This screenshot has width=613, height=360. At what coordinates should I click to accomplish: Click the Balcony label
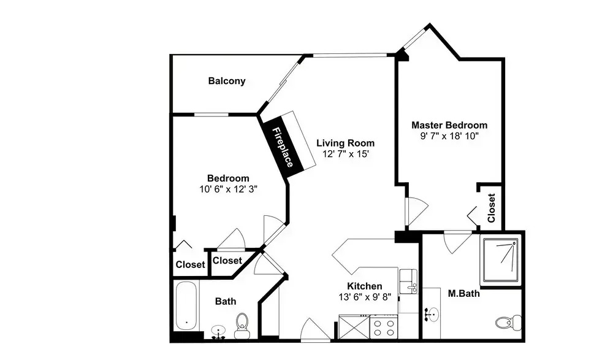tap(227, 81)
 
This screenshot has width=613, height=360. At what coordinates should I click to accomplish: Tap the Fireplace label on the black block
tap(283, 147)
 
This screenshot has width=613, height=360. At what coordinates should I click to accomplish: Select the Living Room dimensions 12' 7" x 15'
tap(346, 154)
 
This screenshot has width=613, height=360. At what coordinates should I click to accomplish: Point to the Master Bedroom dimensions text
tap(449, 136)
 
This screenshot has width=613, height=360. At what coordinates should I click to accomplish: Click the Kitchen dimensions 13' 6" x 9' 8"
tap(365, 297)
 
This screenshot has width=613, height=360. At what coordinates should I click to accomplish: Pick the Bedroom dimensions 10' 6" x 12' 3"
tap(228, 190)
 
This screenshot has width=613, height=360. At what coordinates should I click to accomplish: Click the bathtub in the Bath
tap(186, 306)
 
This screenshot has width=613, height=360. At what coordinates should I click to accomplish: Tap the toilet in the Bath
tap(242, 325)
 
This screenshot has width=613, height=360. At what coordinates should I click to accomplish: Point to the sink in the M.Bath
tap(432, 314)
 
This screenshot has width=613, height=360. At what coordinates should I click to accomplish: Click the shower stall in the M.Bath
tap(501, 259)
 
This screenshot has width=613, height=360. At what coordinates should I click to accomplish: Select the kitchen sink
tap(408, 281)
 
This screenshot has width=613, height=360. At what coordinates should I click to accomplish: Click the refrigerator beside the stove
tap(354, 327)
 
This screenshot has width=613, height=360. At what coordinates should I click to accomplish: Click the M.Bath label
tap(463, 293)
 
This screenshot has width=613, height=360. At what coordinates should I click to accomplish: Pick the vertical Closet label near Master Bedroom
tap(492, 208)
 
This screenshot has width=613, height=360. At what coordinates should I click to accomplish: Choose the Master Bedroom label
tap(449, 125)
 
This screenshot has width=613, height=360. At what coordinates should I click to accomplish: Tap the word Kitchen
tap(365, 286)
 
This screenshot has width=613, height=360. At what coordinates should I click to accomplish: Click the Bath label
tap(226, 301)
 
